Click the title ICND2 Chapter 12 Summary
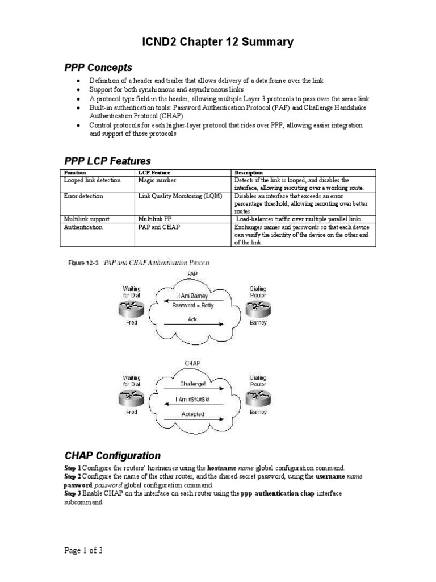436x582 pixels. pyautogui.click(x=217, y=41)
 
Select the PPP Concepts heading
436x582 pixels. pyautogui.click(x=98, y=68)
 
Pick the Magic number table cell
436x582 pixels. pyautogui.click(x=154, y=180)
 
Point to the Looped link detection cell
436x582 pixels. pyautogui.click(x=93, y=180)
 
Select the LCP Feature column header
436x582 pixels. pyautogui.click(x=154, y=172)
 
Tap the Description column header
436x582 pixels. pyautogui.click(x=249, y=172)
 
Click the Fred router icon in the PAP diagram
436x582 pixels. pyautogui.click(x=131, y=309)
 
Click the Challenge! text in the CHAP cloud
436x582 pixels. pyautogui.click(x=193, y=384)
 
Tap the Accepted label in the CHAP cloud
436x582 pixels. pyautogui.click(x=193, y=414)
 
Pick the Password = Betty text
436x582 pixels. pyautogui.click(x=193, y=305)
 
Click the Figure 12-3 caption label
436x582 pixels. pyautogui.click(x=83, y=263)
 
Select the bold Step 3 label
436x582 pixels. pyautogui.click(x=72, y=494)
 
